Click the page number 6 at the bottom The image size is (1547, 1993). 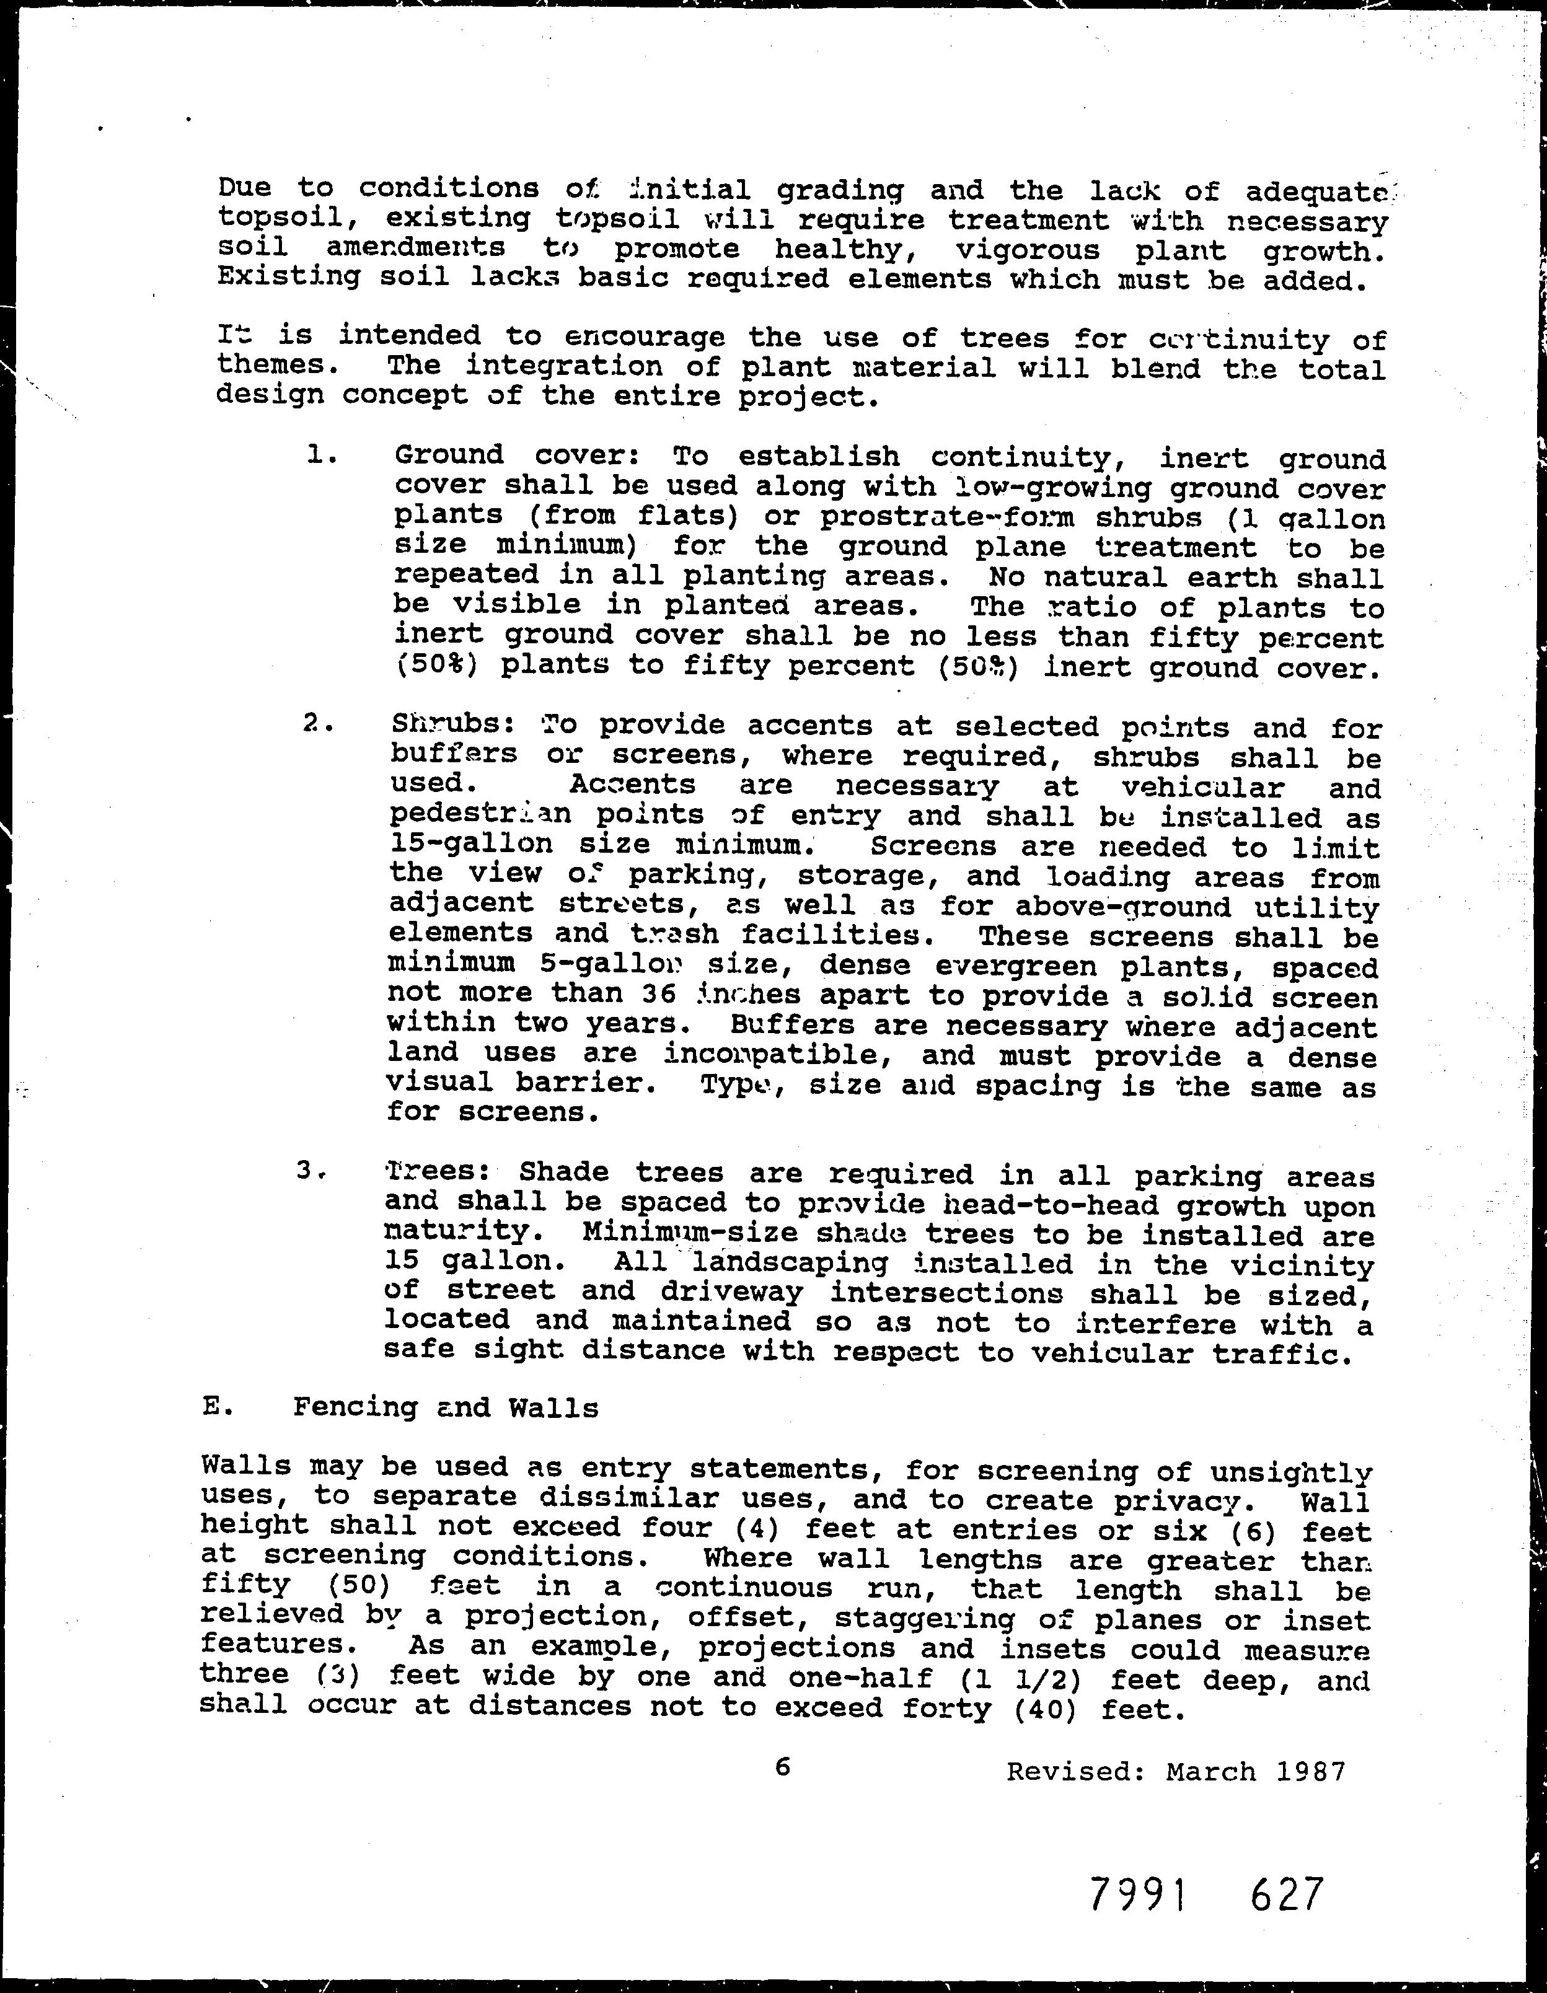tap(782, 1767)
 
